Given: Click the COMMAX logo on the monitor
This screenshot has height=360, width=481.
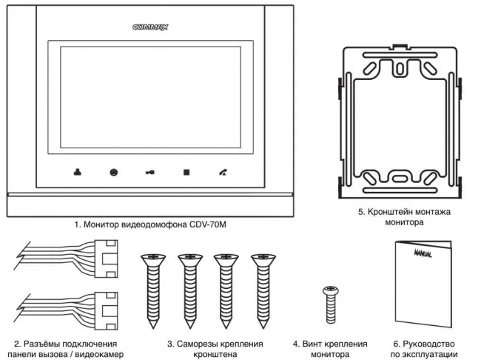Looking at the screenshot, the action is point(150,27).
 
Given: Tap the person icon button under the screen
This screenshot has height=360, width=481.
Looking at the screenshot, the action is point(77,172).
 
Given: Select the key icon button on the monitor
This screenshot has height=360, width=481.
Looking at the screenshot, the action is point(150,173).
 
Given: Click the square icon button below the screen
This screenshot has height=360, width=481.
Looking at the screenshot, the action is point(186,173).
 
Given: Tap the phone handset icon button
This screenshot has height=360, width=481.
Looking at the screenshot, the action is point(223,173).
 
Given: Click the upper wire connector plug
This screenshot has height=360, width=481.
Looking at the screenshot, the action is point(106,259).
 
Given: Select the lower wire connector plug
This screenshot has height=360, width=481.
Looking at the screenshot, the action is point(106,311).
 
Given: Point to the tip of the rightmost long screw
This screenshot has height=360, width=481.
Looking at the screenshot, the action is point(263,328).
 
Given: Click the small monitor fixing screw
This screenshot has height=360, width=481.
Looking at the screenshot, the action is point(331,304).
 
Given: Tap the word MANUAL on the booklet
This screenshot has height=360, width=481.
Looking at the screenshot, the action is point(423,253).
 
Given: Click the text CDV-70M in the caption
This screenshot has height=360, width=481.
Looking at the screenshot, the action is point(208,224).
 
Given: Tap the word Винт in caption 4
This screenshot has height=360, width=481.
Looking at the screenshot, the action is point(311,344).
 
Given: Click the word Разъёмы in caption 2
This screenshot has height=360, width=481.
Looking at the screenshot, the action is point(41,344).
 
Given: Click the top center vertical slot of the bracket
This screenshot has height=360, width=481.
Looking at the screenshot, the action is point(400,69).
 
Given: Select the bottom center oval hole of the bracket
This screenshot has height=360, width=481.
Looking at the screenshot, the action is point(399,179).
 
